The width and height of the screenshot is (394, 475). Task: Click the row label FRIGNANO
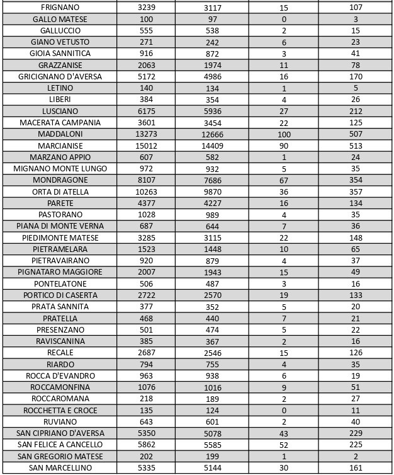click(x=60, y=8)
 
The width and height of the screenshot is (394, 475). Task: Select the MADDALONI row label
click(x=60, y=134)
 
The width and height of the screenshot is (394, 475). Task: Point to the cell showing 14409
click(x=213, y=146)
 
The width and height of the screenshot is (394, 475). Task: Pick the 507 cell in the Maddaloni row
click(x=356, y=134)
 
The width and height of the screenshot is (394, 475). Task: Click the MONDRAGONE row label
click(x=60, y=180)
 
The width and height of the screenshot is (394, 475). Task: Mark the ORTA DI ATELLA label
click(x=60, y=192)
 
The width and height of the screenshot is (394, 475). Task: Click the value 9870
click(x=213, y=192)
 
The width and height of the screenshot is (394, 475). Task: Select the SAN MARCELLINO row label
click(x=60, y=467)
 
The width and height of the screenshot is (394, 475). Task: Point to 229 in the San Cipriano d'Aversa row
click(x=356, y=433)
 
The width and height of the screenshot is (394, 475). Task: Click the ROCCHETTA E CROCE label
click(x=60, y=410)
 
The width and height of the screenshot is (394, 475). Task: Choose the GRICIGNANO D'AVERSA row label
click(x=60, y=76)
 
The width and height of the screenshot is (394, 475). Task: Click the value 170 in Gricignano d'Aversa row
click(x=356, y=77)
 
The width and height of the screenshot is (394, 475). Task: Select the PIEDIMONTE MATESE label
click(x=60, y=237)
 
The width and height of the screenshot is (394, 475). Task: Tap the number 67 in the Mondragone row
click(x=283, y=180)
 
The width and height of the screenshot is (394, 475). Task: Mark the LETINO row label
click(x=60, y=88)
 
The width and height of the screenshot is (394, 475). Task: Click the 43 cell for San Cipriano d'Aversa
click(x=283, y=433)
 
